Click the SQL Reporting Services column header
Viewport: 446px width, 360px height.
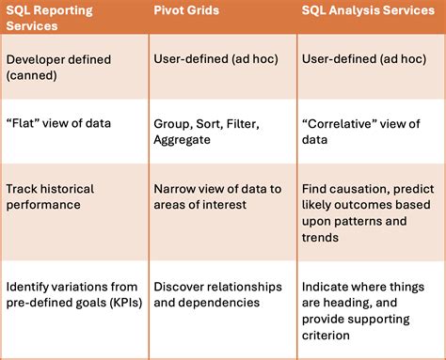coord(56,19)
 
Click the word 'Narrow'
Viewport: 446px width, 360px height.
coord(177,189)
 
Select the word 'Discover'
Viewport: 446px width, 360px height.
coord(182,286)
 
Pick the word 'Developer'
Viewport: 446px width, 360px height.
coord(37,58)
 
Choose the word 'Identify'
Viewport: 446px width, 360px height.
coord(30,286)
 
